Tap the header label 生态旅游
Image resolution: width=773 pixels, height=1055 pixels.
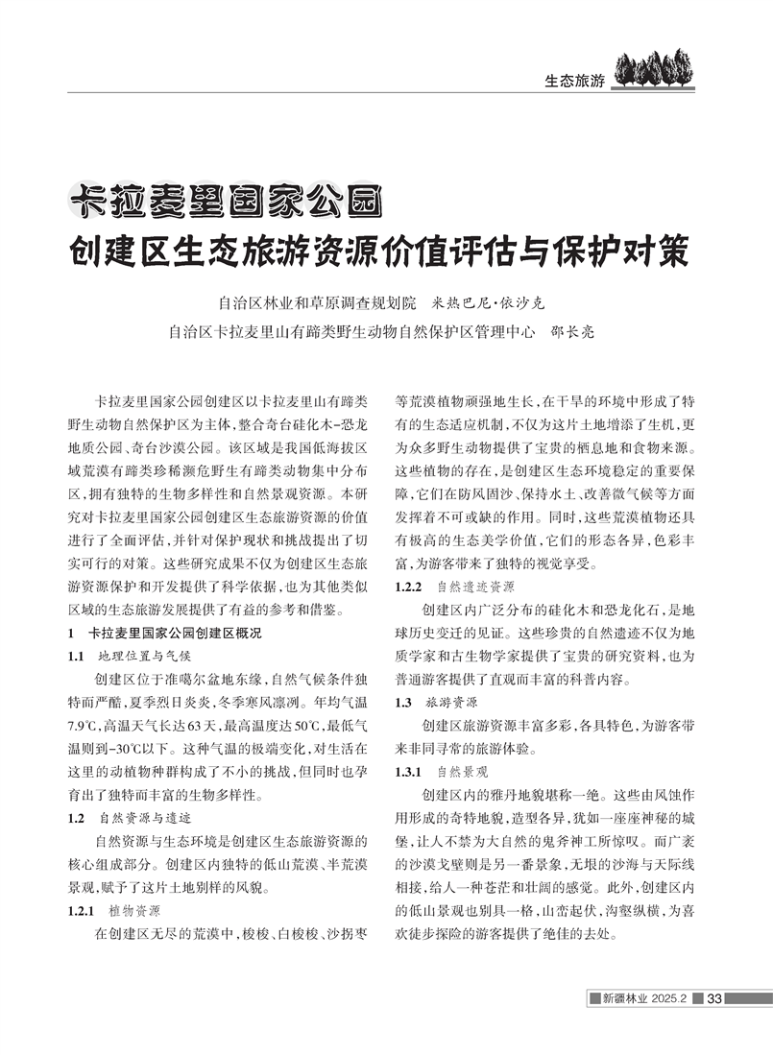click(573, 81)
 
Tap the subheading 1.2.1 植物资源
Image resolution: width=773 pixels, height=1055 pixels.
click(127, 909)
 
